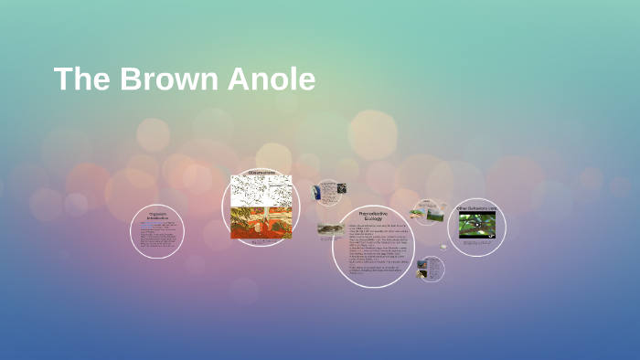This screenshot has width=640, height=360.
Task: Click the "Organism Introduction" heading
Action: [x=158, y=217]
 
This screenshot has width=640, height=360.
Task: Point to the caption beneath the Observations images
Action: [x=261, y=239]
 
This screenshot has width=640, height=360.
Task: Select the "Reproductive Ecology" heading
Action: [x=373, y=217]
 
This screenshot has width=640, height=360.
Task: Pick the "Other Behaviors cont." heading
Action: [x=476, y=208]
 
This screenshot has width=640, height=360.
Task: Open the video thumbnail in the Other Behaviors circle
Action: [x=476, y=225]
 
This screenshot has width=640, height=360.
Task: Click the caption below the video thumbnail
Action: [x=476, y=242]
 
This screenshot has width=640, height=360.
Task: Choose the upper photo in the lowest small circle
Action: [x=424, y=265]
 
